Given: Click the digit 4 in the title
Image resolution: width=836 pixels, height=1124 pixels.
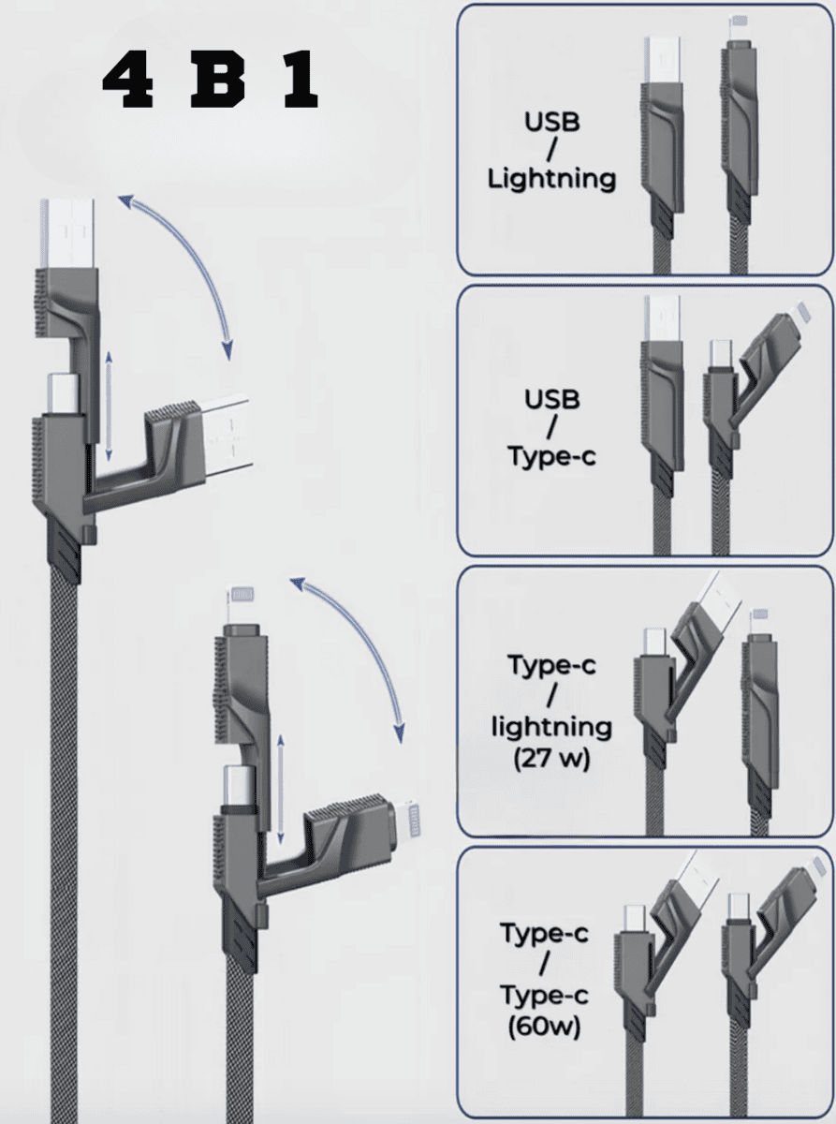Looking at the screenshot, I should pyautogui.click(x=126, y=83).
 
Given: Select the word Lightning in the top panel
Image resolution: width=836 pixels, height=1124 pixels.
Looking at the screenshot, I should pyautogui.click(x=551, y=178).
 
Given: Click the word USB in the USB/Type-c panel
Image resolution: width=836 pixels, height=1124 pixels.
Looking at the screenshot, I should pyautogui.click(x=551, y=400).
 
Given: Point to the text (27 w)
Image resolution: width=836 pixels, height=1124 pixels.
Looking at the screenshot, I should pyautogui.click(x=551, y=757).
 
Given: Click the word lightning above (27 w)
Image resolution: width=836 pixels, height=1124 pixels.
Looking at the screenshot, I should pyautogui.click(x=551, y=726).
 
